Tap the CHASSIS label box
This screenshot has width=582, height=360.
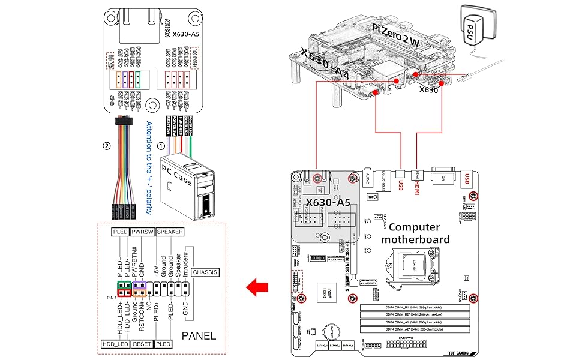pyautogui.click(x=206, y=272)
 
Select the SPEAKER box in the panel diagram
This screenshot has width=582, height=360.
pyautogui.click(x=170, y=232)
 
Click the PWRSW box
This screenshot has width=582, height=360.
pyautogui.click(x=143, y=232)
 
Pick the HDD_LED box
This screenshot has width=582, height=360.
pyautogui.click(x=116, y=344)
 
